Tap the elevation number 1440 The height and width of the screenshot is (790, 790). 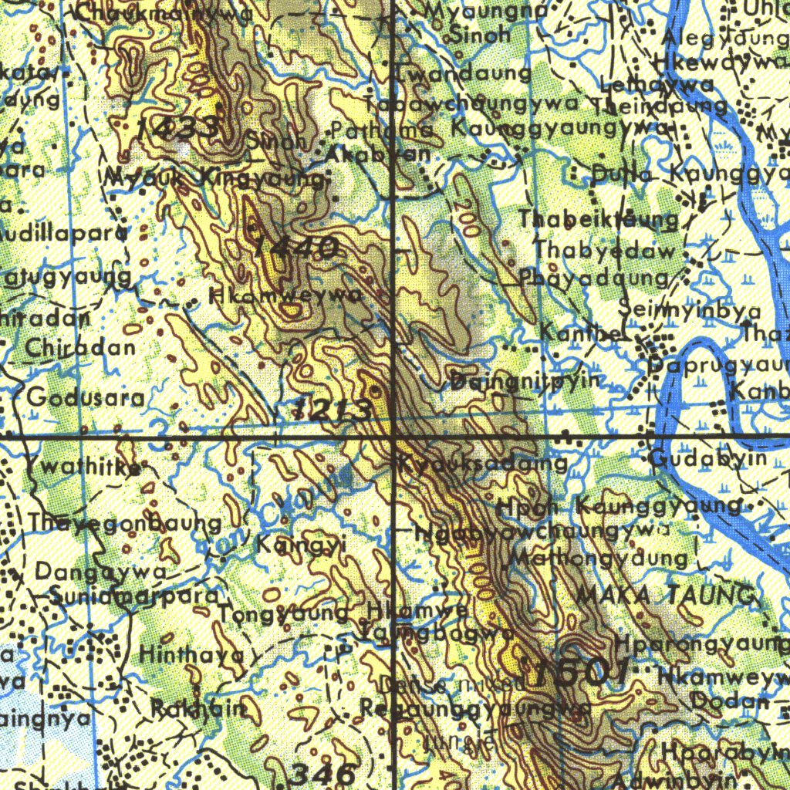pos(295,248)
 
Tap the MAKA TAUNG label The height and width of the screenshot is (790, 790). pos(665,596)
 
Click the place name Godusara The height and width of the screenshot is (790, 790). pos(85,398)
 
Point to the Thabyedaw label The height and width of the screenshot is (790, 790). pos(605,251)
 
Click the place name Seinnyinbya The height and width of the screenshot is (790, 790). pos(690,310)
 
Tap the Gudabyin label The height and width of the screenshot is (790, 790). pos(708,459)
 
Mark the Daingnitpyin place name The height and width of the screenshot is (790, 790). pos(525,380)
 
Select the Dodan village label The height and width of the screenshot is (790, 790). pos(730,701)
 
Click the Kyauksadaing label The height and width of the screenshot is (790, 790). pos(484,464)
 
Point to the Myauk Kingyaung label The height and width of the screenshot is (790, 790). pos(215,178)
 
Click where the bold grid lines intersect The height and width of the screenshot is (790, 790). pos(394,437)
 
